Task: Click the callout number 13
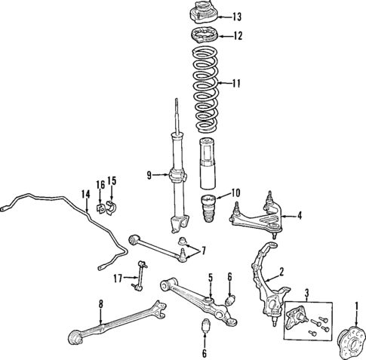coord(238,16)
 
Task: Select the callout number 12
coord(238,35)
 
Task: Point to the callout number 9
coord(149,176)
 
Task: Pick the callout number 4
coord(300,216)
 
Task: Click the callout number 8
coord(100,304)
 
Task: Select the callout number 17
coord(117,278)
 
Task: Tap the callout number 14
coord(86,194)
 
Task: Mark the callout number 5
coord(211,277)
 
